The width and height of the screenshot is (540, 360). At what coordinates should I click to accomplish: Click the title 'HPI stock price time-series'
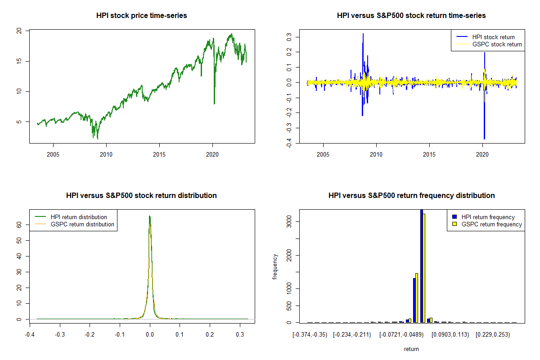142,15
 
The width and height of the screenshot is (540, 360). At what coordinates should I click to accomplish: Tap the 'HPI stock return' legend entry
493,37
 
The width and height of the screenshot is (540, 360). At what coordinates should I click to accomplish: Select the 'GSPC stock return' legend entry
497,44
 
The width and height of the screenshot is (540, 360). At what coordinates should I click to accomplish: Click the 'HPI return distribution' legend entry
79,217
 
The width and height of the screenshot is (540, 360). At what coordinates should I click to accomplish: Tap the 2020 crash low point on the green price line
214,103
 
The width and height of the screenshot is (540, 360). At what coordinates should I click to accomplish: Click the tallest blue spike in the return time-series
363,34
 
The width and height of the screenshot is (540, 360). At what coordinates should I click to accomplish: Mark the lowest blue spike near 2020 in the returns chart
484,138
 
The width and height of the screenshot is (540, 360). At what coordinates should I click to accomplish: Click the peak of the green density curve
149,216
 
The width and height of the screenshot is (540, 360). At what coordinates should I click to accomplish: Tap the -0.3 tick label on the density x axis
60,335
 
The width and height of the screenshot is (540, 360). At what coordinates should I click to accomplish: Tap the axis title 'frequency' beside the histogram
275,267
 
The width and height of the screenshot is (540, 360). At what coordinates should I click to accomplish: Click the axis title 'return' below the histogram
411,349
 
